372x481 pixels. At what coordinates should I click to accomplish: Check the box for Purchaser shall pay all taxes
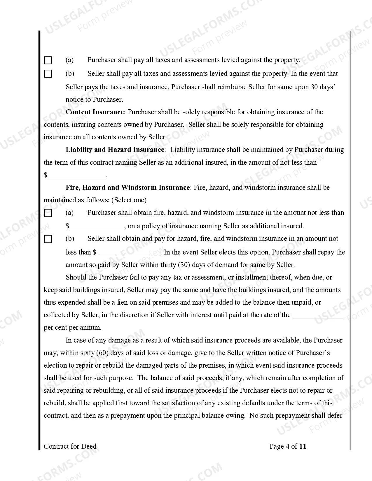48,60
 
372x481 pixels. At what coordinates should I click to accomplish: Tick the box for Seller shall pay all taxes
48,74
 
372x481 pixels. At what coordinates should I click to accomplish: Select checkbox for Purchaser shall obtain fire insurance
48,213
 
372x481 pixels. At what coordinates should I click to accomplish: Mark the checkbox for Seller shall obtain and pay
48,239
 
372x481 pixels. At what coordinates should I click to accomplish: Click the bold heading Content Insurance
95,112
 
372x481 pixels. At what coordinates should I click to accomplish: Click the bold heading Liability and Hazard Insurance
115,150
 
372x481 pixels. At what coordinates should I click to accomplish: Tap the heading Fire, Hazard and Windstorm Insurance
128,187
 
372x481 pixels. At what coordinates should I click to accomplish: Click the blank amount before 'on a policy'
97,226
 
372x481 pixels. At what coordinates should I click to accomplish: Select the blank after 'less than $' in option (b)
130,253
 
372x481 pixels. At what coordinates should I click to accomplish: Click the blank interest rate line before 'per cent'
317,315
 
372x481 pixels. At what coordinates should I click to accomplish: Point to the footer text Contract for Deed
70,446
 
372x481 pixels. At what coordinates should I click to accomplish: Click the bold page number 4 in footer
288,446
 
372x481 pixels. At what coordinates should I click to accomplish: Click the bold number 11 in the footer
303,446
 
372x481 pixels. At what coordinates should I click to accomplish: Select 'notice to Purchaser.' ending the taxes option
94,100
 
